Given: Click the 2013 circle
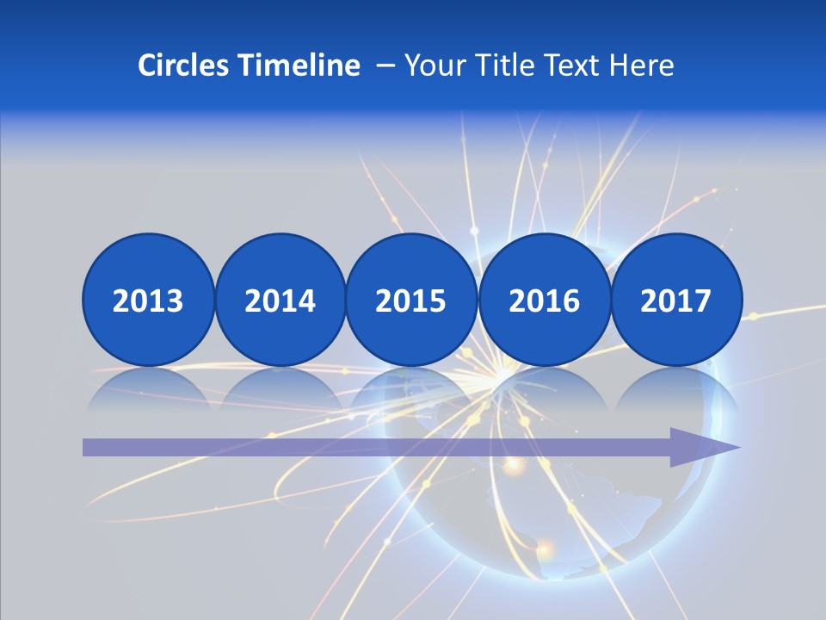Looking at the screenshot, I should [148, 300].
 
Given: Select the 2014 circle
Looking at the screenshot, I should [280, 300].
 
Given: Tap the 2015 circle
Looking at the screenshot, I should [411, 300].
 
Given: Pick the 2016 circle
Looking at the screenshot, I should [544, 300].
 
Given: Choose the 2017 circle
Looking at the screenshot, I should [676, 300].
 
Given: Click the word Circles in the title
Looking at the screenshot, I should [185, 65].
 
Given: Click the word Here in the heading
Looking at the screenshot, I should [642, 65].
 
